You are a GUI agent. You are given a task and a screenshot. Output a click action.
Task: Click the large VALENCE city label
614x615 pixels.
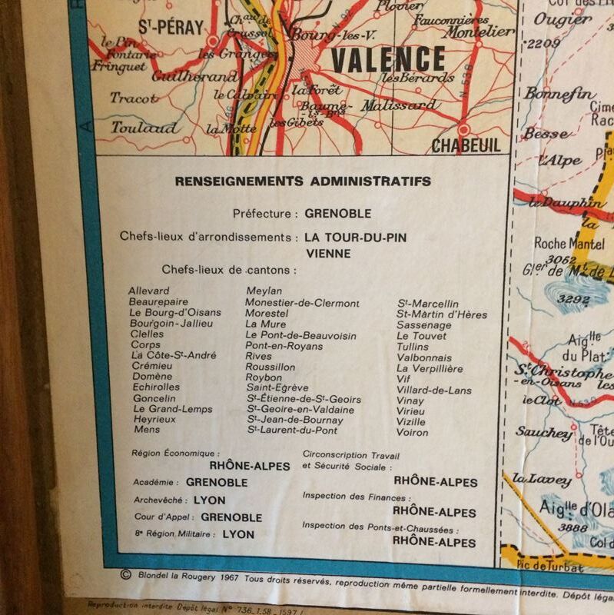(x=388, y=60)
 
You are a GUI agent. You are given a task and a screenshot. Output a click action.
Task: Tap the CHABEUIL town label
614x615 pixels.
(x=466, y=145)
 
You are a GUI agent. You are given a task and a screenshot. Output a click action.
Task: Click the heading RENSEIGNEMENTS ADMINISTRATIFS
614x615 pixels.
(x=303, y=181)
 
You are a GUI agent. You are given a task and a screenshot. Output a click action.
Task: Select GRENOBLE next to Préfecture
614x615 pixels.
(x=337, y=213)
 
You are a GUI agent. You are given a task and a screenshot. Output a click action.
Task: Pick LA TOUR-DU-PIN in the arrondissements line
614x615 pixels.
(x=355, y=238)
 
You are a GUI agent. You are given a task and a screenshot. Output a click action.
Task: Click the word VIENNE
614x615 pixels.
(x=328, y=253)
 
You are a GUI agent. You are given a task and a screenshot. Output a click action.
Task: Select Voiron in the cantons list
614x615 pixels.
(x=413, y=432)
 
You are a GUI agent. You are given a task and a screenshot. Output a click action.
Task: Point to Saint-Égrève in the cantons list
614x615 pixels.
(x=277, y=388)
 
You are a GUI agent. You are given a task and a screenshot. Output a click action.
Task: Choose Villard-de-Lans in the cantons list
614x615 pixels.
(x=434, y=390)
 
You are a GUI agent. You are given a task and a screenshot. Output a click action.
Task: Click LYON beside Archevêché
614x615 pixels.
(x=210, y=500)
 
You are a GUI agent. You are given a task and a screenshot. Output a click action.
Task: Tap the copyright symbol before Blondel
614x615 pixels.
(x=126, y=573)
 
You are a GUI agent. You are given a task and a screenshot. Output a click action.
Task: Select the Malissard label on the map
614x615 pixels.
(x=399, y=105)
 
